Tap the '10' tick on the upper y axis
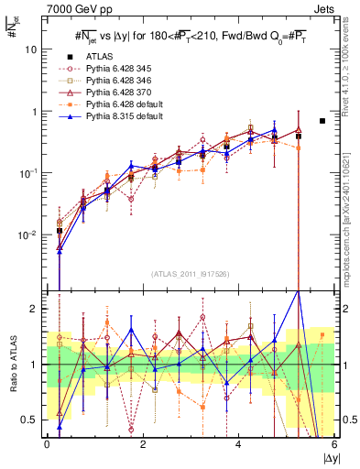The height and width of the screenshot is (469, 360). (x=30, y=49)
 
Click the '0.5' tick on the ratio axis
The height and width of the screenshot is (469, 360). (x=29, y=420)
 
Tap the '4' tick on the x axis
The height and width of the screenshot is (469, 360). (x=239, y=444)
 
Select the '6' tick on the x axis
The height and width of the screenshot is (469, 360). (x=334, y=444)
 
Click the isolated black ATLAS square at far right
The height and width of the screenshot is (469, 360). (x=322, y=121)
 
